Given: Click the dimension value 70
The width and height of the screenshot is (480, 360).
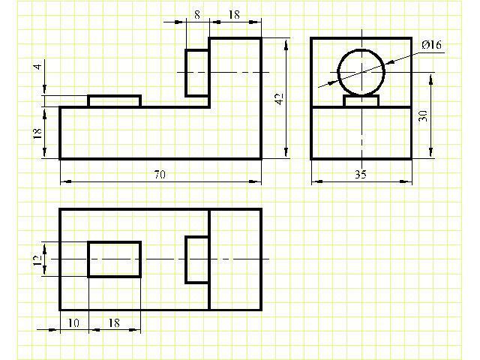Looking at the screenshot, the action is [160, 175].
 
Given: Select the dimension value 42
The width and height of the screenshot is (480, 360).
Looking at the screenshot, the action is [280, 98].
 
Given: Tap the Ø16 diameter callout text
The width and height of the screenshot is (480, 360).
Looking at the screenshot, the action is [432, 45].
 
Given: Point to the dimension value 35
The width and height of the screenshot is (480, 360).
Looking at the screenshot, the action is [361, 174].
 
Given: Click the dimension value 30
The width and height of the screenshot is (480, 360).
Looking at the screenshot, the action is [423, 116].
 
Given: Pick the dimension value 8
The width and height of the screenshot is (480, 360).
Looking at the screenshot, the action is [197, 14].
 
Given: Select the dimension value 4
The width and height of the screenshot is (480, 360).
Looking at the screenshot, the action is [37, 66].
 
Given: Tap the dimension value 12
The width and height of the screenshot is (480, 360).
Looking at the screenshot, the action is [37, 260].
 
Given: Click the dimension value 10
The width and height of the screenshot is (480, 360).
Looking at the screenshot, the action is [73, 323].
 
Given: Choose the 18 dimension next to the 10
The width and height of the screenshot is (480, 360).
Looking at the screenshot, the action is [114, 323].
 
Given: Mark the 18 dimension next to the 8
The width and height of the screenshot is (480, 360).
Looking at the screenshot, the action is [234, 14].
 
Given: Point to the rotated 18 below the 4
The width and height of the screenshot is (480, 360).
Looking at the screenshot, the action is [37, 133].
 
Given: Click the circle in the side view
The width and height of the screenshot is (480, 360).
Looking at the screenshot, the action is [337, 72].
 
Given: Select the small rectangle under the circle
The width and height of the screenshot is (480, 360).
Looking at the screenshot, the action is [361, 95].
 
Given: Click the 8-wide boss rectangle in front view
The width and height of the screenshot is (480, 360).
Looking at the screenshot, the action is [186, 73].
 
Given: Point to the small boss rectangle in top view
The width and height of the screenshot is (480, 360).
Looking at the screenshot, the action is [186, 259].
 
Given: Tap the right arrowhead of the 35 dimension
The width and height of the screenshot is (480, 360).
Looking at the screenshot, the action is [406, 181].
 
